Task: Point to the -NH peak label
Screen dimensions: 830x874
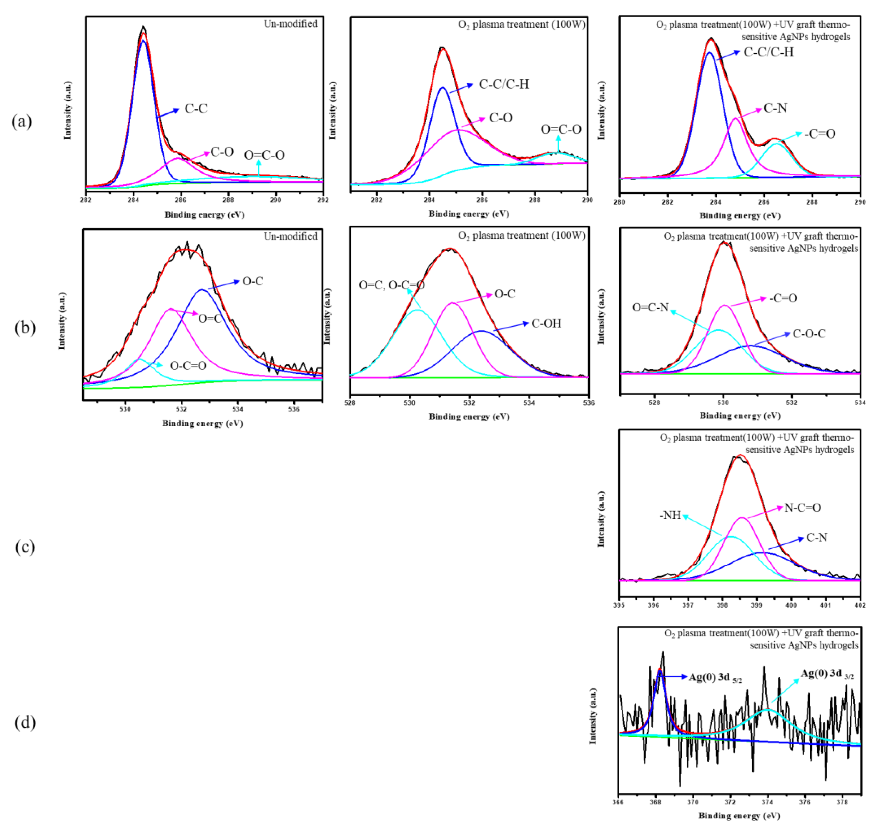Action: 670,515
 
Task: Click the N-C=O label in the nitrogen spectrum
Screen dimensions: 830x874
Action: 802,507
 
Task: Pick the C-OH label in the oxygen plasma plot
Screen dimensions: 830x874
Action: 546,323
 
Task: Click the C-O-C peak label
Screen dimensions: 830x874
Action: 809,333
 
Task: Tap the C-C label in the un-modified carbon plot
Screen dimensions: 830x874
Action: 196,108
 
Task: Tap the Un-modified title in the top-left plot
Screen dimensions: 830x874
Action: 290,24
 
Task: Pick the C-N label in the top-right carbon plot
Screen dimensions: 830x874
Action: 775,108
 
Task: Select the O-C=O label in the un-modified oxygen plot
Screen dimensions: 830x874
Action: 188,365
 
